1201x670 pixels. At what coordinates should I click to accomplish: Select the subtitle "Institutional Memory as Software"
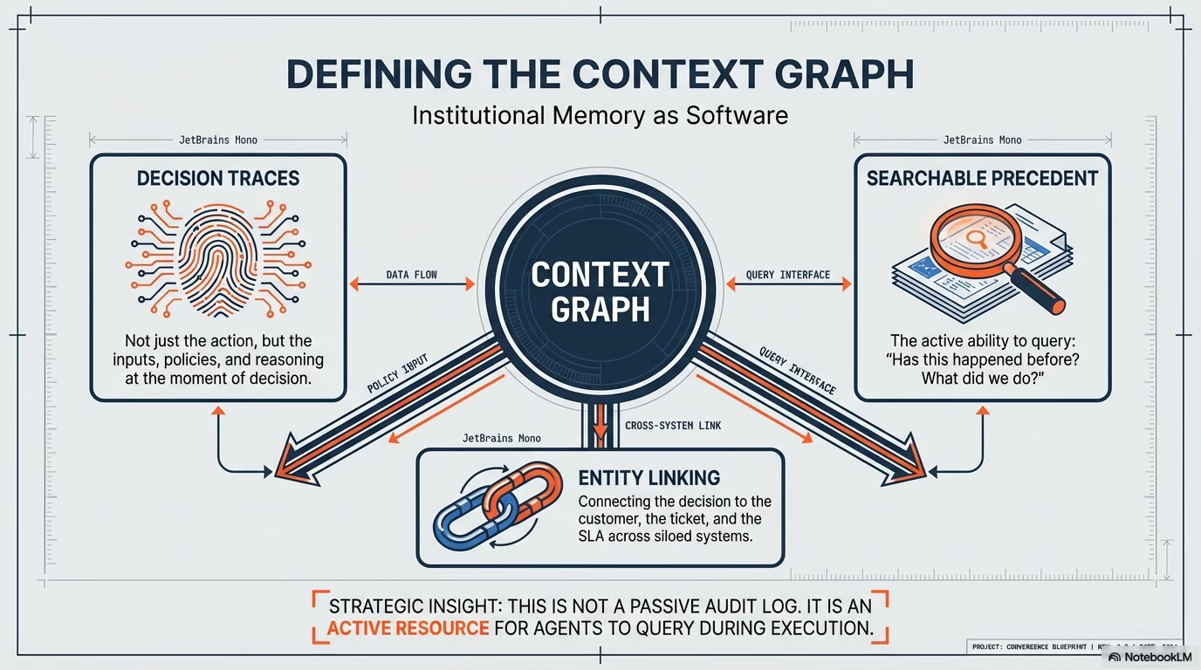click(x=600, y=114)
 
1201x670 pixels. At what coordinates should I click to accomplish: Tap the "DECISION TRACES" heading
click(x=218, y=179)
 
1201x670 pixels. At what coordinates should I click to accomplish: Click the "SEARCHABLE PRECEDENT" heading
click(x=982, y=179)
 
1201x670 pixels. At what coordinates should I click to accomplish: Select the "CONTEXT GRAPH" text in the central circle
click(x=600, y=291)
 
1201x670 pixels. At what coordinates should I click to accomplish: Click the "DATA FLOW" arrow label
click(x=411, y=274)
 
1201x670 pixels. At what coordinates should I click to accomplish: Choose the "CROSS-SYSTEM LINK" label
click(x=673, y=426)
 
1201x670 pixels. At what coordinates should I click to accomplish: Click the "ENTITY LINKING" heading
click(x=649, y=477)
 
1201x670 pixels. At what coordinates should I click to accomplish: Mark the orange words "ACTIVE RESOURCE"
click(x=408, y=628)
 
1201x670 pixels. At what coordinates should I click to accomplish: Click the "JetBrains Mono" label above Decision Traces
click(x=217, y=140)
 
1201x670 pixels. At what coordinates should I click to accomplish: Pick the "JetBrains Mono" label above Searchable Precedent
click(x=982, y=140)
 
